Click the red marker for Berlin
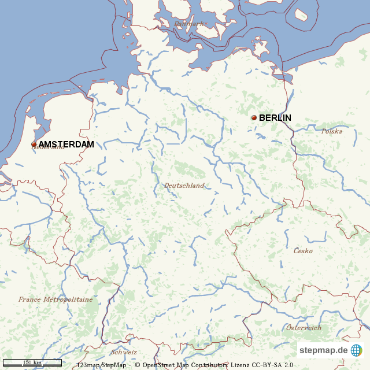point(254,118)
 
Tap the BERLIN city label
point(275,118)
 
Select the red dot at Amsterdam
point(34,145)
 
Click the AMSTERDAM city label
point(66,145)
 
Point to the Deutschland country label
point(184,186)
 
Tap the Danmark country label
point(189,24)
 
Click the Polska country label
point(332,131)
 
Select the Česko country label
point(303,251)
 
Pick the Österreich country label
point(304,328)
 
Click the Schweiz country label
point(124,351)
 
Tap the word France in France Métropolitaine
point(29,299)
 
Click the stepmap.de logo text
point(323,350)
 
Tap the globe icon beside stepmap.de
point(356,350)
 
